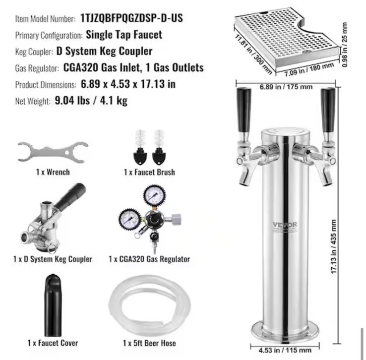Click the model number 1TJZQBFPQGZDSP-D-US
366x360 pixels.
click(x=131, y=18)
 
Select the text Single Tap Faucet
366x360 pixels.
click(x=123, y=35)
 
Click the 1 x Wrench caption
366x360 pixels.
click(x=53, y=173)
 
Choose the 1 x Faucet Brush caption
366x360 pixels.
click(x=149, y=173)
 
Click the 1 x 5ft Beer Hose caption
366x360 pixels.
click(x=149, y=343)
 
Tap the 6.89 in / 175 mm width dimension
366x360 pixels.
click(x=286, y=87)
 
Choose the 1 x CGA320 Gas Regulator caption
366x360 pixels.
click(x=149, y=259)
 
